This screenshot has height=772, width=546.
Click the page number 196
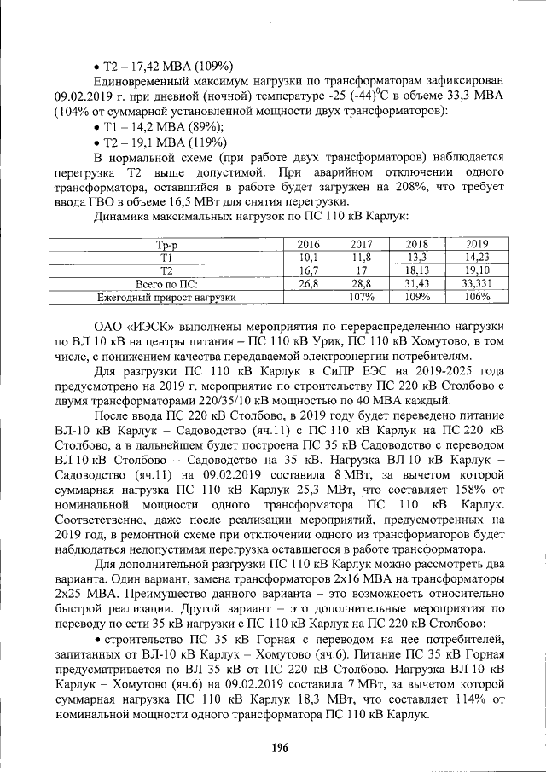pos(279,747)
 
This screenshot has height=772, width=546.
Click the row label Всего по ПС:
pos(167,283)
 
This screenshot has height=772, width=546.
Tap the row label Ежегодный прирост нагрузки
pos(167,297)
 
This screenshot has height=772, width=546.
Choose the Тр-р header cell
pos(167,244)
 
